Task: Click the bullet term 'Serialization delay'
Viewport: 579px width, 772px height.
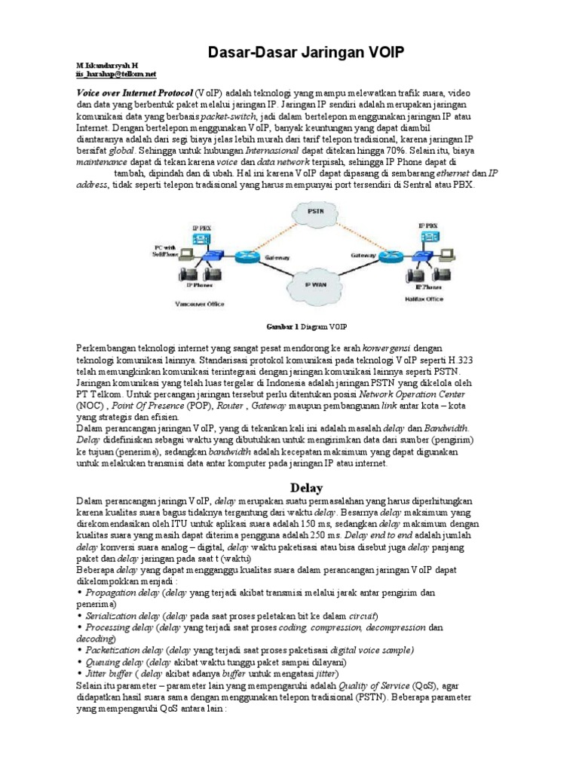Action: tap(118, 616)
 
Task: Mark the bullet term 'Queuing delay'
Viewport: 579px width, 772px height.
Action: tap(111, 661)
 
